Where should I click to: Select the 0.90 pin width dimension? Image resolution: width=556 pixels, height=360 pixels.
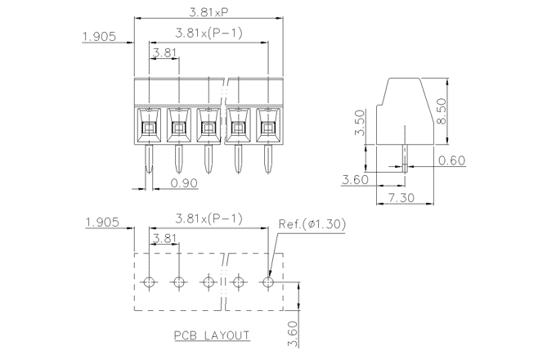[185, 183]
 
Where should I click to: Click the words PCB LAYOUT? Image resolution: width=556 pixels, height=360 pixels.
[212, 335]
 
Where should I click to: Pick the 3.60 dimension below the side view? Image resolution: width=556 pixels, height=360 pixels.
[355, 180]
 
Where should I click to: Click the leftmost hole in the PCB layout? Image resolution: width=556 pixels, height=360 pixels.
[149, 282]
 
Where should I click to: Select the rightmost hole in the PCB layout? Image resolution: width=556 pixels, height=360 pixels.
[268, 282]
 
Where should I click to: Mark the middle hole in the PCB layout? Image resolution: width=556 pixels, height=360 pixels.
[208, 282]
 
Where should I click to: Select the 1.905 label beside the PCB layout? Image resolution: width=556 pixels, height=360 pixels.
[103, 223]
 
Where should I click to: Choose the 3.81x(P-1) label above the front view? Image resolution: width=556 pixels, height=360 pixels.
[208, 34]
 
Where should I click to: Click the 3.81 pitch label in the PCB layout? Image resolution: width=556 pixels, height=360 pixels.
[164, 239]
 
